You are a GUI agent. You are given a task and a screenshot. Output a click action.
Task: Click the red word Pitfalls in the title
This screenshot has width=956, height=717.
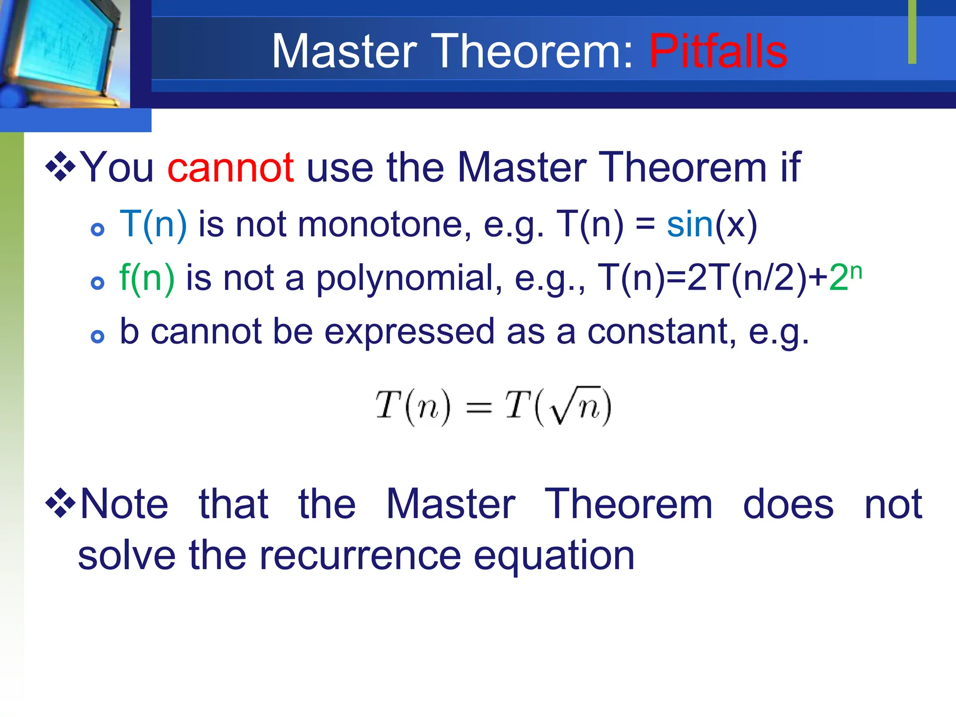[718, 51]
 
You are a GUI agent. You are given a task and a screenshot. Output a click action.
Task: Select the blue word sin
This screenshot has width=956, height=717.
[689, 225]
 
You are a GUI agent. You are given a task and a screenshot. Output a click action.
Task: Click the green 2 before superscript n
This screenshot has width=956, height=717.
[838, 278]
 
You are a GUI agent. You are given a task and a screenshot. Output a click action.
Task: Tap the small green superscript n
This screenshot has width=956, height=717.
[856, 271]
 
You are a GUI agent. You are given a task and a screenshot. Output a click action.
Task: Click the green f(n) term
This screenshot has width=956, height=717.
[147, 278]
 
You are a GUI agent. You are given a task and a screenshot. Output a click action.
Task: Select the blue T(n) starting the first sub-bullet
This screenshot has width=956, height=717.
[153, 225]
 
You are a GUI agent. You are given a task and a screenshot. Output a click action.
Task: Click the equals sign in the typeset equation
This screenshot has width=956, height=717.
[479, 408]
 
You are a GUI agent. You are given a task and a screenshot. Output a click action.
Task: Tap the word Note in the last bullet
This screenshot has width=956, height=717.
[124, 504]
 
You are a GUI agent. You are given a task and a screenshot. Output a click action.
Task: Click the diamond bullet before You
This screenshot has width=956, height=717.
[60, 166]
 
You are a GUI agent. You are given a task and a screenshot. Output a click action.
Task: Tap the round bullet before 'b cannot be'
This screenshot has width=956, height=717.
[97, 337]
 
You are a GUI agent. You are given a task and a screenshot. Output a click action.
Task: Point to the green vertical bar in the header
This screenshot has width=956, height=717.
[912, 32]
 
